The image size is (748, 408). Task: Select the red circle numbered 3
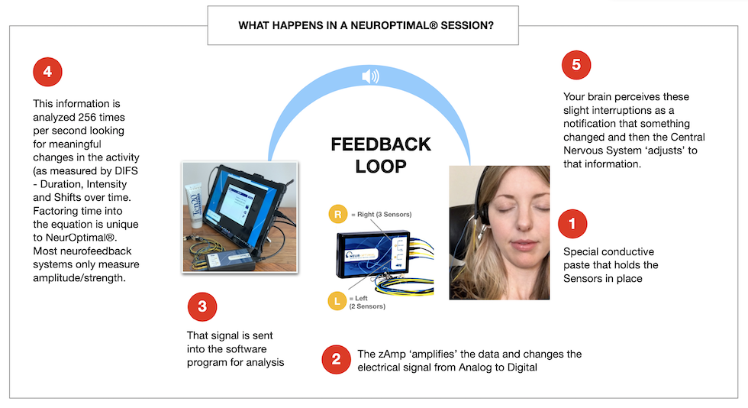(x=202, y=306)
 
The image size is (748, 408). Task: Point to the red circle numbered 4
(x=47, y=72)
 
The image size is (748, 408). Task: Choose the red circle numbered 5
(x=576, y=65)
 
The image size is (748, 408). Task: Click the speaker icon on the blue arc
(x=370, y=76)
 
